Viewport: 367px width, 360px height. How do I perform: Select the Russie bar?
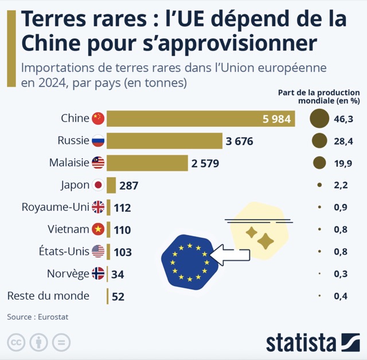click(164, 140)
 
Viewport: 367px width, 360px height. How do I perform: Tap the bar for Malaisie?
click(147, 163)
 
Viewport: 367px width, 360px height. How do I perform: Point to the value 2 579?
click(205, 163)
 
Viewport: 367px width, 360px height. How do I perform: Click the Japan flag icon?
click(98, 185)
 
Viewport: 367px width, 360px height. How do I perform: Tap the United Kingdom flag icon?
click(98, 207)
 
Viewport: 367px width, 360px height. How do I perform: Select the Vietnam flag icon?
click(98, 229)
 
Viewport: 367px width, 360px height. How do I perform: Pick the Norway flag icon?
click(98, 273)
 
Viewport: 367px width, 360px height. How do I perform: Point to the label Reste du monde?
click(48, 296)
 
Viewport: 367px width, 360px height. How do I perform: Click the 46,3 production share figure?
click(343, 119)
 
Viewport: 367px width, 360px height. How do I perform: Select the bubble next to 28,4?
click(319, 140)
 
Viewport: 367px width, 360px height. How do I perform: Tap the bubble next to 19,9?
click(319, 163)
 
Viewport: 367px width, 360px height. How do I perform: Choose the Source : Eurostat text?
click(34, 316)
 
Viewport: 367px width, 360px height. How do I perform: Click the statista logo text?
click(300, 342)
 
